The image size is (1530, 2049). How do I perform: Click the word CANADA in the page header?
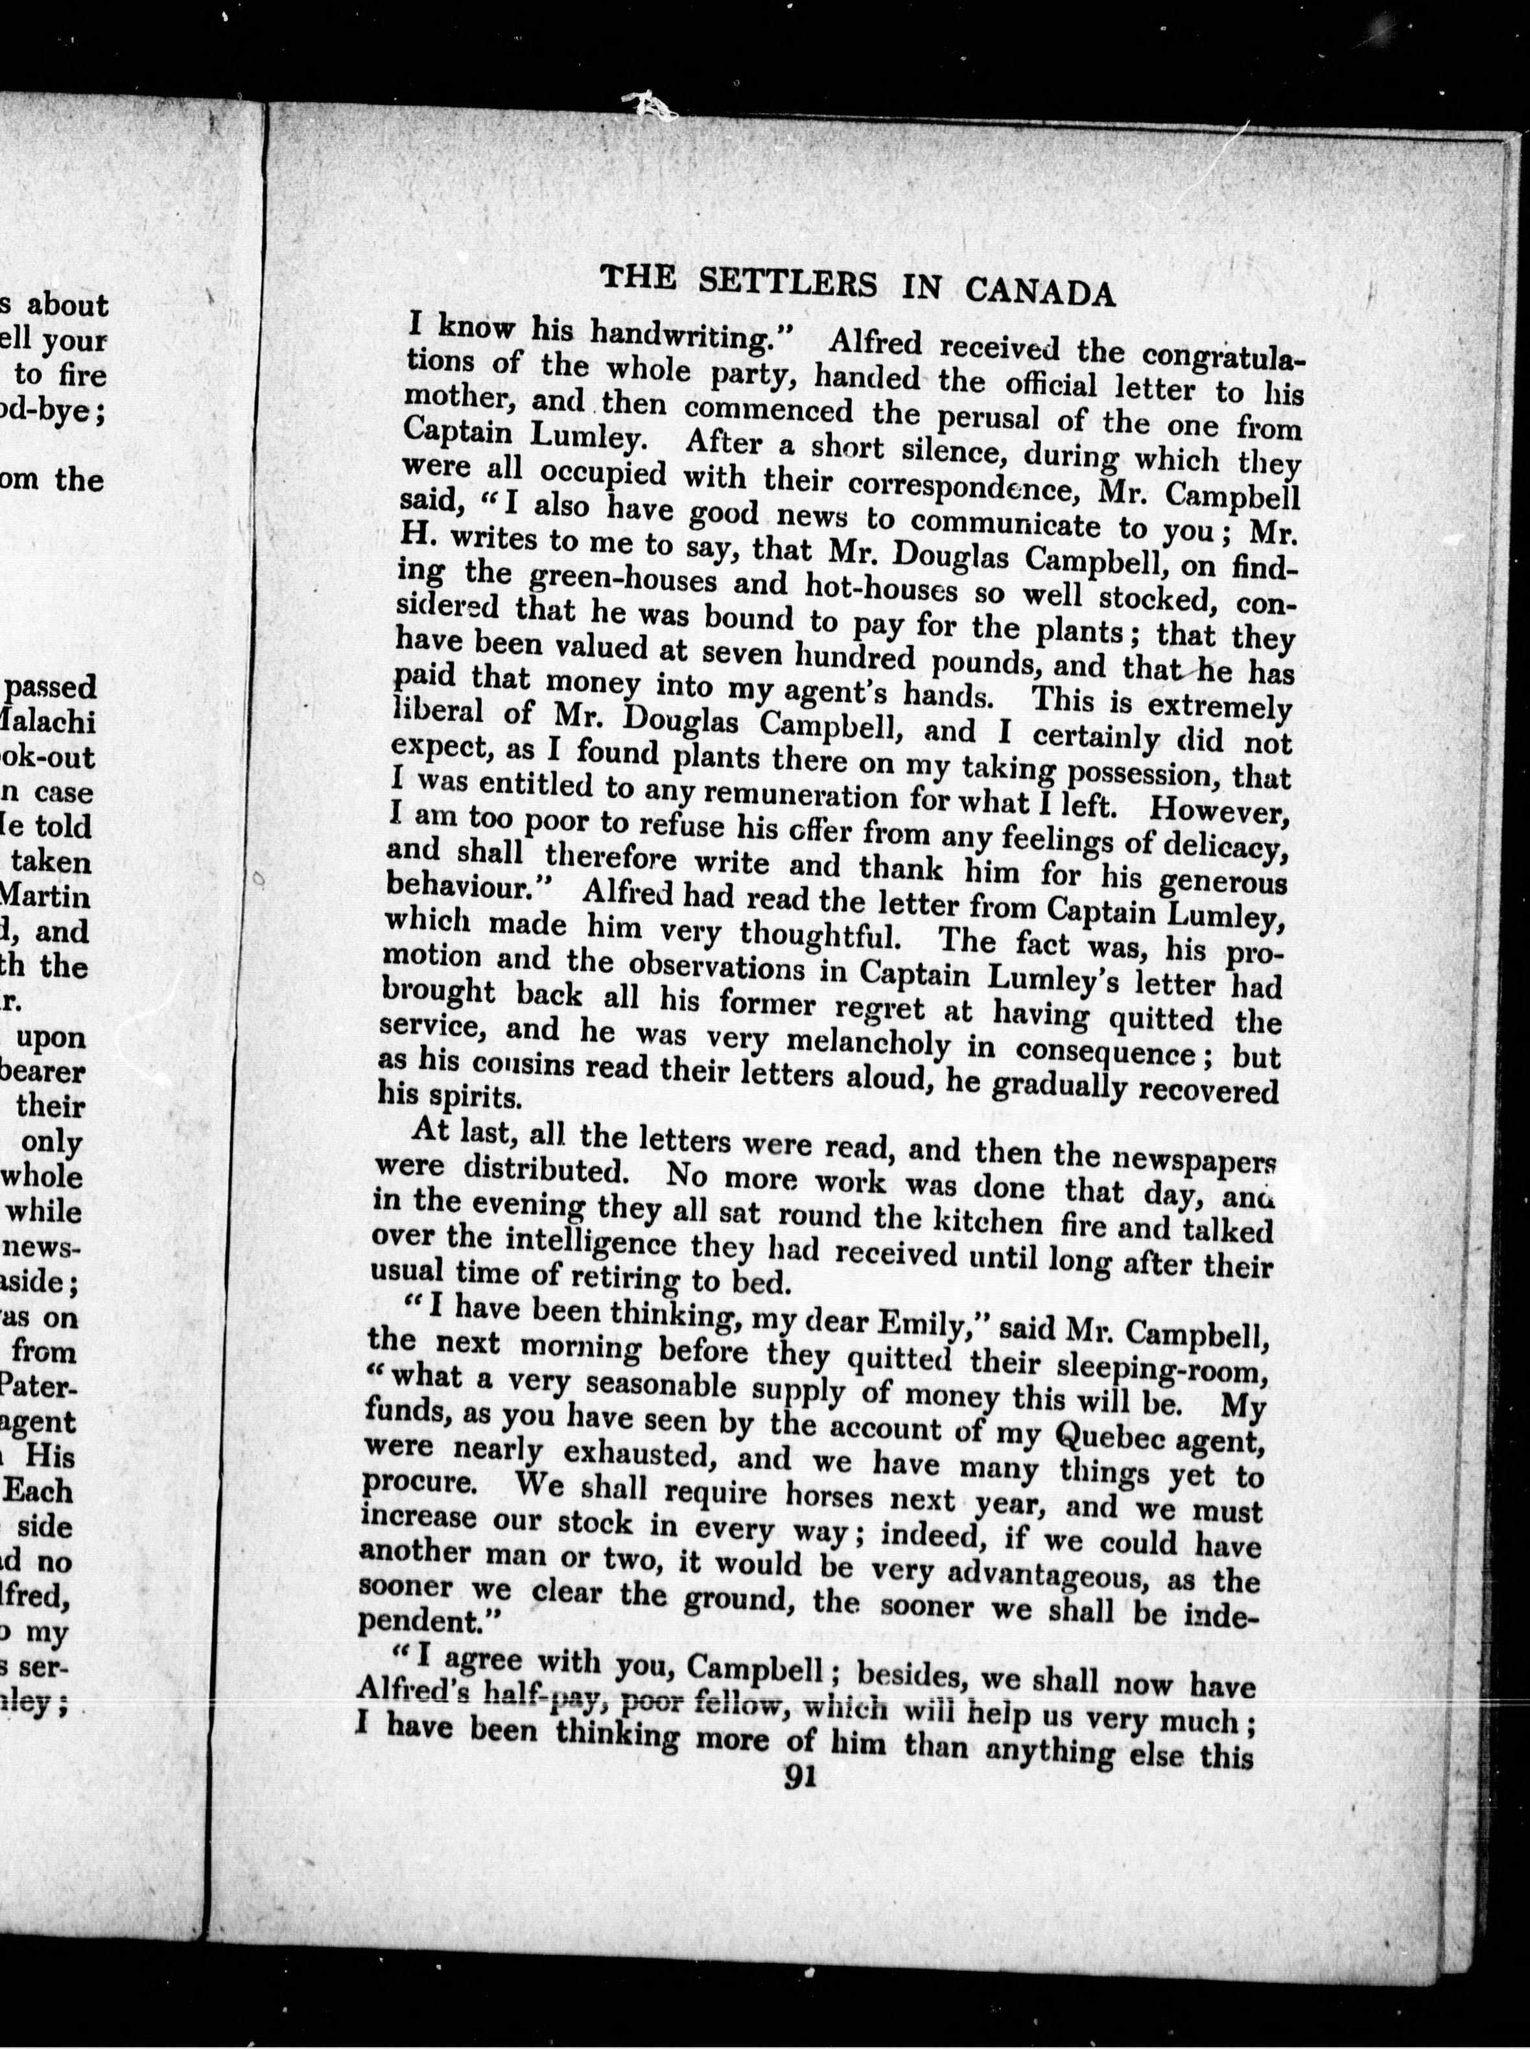1039,291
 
